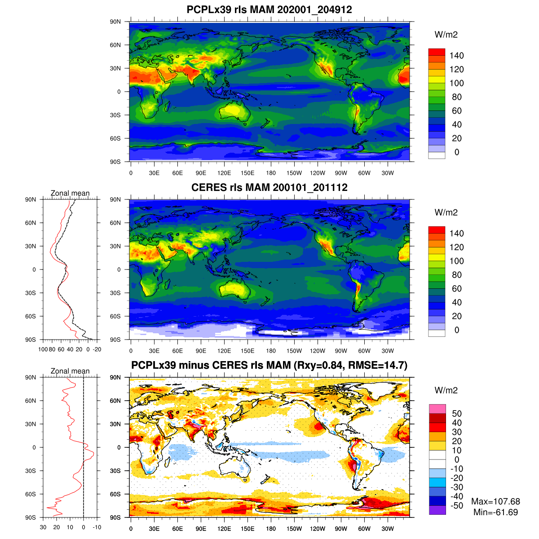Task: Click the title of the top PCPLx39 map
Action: pos(269,10)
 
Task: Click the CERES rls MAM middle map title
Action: pos(269,187)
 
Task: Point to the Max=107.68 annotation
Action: pos(495,502)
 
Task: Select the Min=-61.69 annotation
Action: pos(495,512)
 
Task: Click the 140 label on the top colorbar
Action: pos(456,56)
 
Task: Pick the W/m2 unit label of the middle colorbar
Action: pos(446,212)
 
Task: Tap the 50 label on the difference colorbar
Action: pos(456,414)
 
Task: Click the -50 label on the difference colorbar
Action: pos(456,505)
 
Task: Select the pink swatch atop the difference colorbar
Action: pos(437,409)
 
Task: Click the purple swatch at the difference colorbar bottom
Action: pos(437,510)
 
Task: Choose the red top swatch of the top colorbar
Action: pos(437,52)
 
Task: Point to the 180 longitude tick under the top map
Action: pos(271,173)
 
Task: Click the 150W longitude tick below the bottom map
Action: pos(294,529)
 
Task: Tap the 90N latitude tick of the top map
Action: pos(115,22)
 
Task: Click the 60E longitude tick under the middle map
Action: pos(177,351)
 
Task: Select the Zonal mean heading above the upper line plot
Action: pos(70,193)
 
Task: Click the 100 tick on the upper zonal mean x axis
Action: pos(43,349)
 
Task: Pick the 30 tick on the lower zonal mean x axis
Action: pos(43,527)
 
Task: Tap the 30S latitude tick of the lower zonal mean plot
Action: pos(31,471)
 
